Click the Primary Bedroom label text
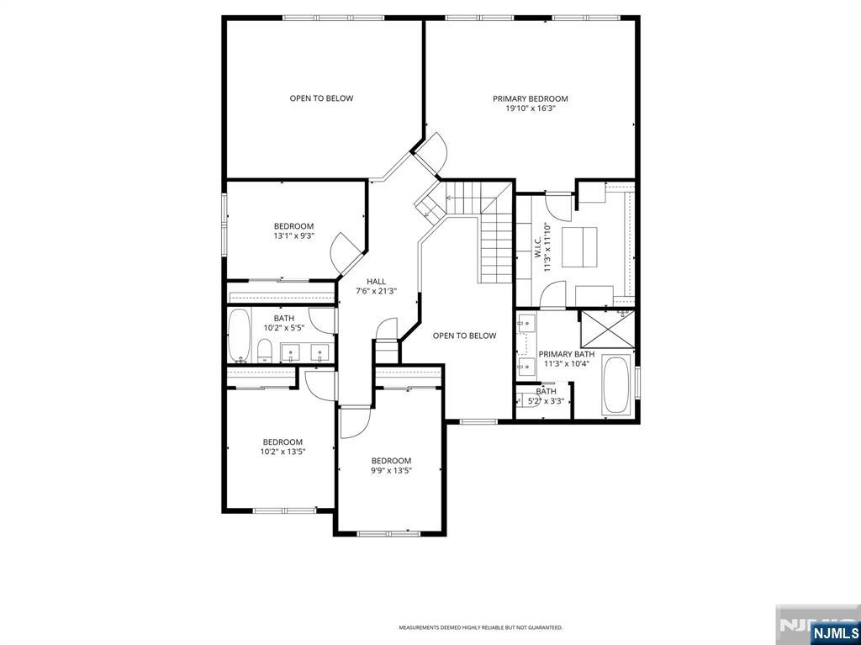click(x=530, y=98)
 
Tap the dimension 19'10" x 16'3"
click(x=530, y=108)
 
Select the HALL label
click(x=376, y=281)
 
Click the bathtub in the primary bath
click(x=616, y=385)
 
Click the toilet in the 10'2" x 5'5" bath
click(x=263, y=352)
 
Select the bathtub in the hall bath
click(x=240, y=336)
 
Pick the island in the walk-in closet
click(x=578, y=246)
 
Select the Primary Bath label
click(x=566, y=354)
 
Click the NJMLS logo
click(x=834, y=632)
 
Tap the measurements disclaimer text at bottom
click(x=480, y=627)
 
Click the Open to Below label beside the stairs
click(x=464, y=336)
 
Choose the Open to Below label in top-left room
click(x=321, y=98)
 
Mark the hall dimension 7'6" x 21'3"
click(x=376, y=291)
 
